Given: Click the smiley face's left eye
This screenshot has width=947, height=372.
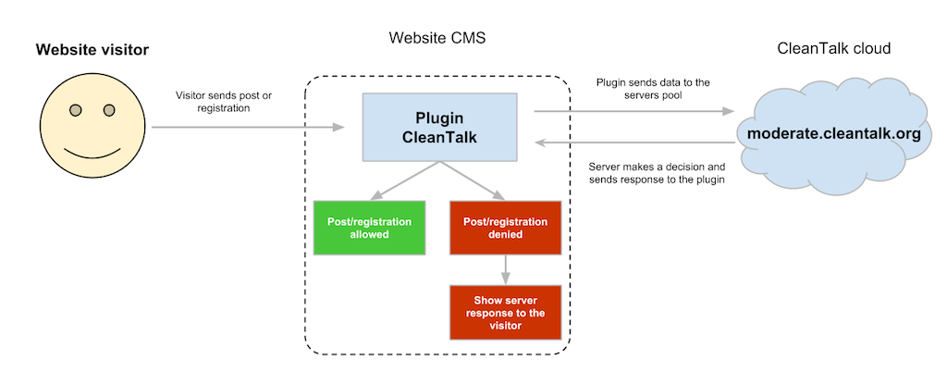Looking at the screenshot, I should tap(77, 111).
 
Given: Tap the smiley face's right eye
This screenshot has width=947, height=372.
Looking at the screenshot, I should tap(109, 111).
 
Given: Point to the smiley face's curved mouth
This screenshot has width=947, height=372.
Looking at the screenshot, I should tap(92, 150).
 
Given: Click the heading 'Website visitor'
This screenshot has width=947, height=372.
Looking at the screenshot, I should tap(92, 49).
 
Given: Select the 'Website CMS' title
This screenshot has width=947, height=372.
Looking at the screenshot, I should tap(437, 39).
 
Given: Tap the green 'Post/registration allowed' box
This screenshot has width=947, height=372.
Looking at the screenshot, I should tap(370, 228).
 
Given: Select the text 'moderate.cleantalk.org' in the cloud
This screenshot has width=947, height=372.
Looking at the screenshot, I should tap(833, 133).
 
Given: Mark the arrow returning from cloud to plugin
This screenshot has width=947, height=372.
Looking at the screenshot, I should tap(630, 143).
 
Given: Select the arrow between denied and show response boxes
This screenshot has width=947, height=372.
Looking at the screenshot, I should tap(505, 269).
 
